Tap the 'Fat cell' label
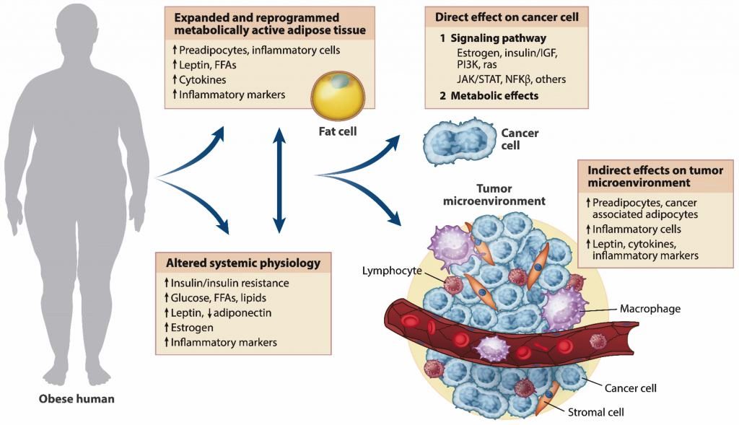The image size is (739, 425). point(337,132)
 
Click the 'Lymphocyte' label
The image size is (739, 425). point(390,270)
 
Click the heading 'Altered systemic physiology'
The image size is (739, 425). point(237,261)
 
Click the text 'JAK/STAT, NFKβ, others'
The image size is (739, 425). point(511,79)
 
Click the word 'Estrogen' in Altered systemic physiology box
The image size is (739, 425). point(191,328)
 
